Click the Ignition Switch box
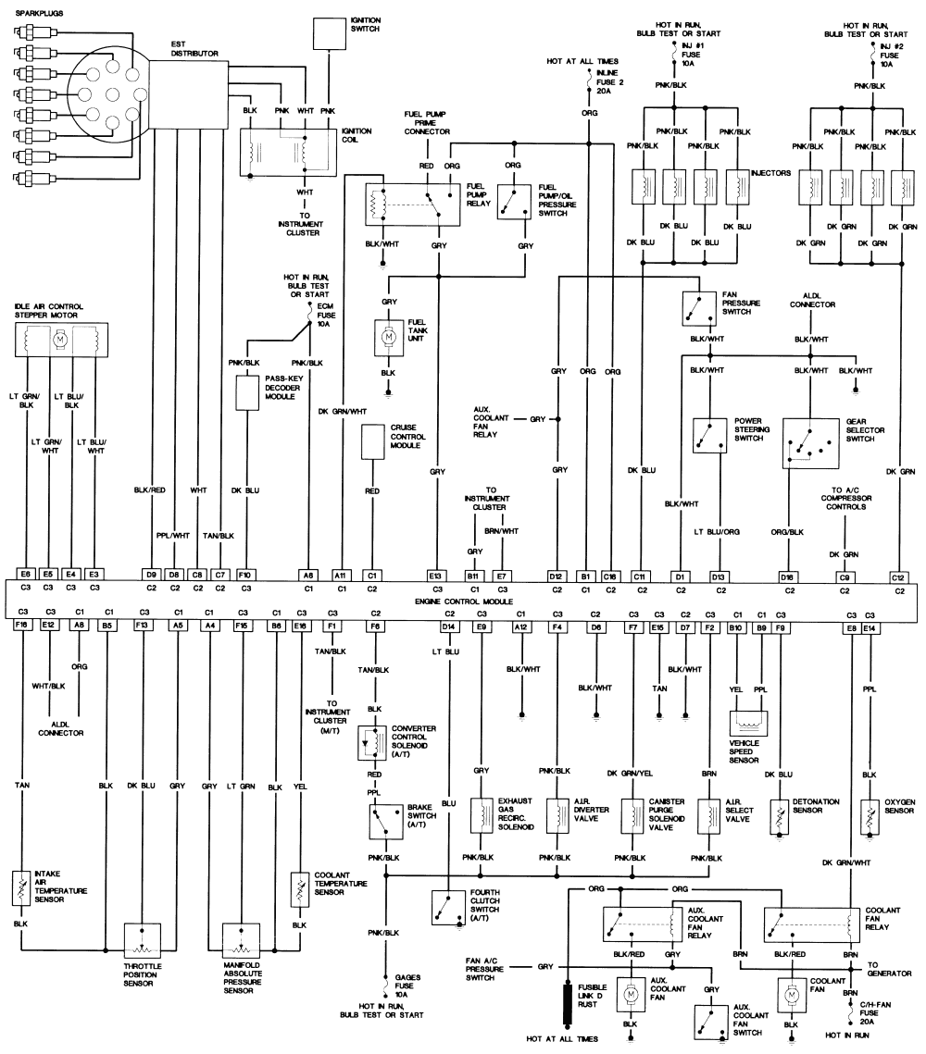[330, 33]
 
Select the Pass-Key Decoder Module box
[247, 392]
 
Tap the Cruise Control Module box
[372, 441]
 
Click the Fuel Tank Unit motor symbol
[389, 335]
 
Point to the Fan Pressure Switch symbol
[699, 308]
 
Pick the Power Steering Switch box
[709, 435]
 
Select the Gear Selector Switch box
[811, 443]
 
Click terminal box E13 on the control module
[437, 577]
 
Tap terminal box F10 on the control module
[246, 575]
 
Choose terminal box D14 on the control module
[449, 626]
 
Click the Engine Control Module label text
[464, 601]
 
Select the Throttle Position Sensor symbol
[143, 941]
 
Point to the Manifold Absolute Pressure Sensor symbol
[242, 941]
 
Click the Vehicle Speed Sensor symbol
[748, 724]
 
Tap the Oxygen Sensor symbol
[870, 817]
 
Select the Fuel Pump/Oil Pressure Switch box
[514, 202]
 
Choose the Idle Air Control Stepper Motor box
[61, 340]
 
